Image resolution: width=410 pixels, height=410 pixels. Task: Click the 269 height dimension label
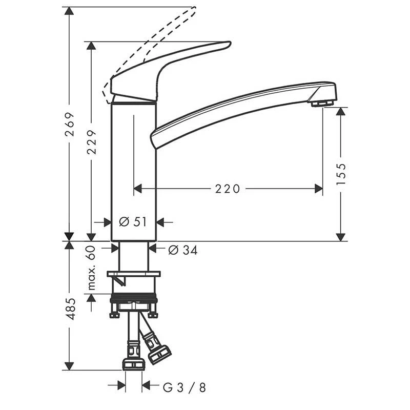(70, 125)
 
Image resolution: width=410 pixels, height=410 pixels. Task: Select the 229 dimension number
(92, 141)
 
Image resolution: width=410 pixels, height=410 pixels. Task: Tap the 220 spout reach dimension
(227, 189)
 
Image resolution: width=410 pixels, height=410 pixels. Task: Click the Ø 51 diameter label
(133, 222)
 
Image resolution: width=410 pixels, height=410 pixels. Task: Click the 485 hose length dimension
(70, 309)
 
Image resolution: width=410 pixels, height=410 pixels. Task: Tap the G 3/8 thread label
(184, 387)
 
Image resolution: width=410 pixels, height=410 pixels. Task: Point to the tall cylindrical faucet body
(134, 169)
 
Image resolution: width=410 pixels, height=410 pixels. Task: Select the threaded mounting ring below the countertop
(134, 298)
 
